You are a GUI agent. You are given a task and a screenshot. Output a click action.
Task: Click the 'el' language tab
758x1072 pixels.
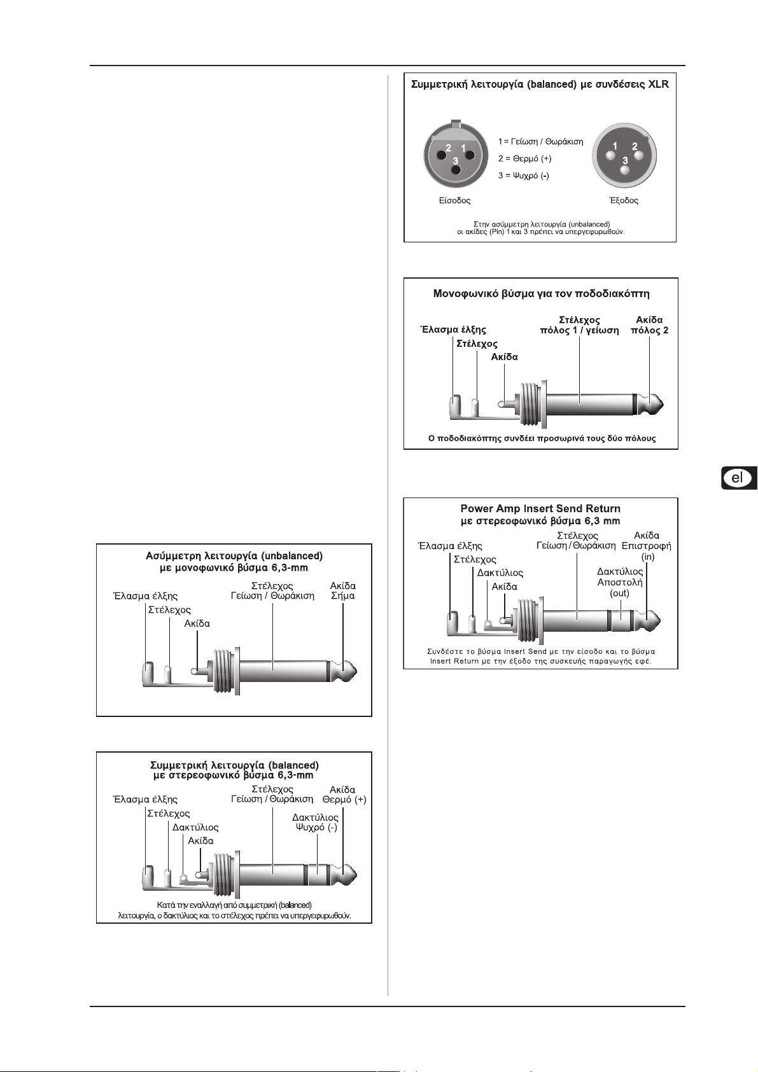pos(738,478)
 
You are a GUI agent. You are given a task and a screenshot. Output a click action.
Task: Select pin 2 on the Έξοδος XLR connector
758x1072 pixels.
pos(635,155)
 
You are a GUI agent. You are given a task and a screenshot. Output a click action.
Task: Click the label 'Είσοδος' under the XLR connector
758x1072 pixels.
pos(454,200)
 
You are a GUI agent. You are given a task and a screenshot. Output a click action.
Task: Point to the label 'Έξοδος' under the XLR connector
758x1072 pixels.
pos(624,200)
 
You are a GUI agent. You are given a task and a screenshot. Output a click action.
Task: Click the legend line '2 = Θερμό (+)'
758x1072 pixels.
pos(524,158)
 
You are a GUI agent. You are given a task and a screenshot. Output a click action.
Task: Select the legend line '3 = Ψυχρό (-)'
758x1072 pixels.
pos(523,176)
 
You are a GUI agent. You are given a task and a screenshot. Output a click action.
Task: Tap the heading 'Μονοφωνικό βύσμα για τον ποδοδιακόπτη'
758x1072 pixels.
pos(541,294)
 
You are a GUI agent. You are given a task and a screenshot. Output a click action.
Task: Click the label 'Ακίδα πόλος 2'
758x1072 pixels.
pos(649,324)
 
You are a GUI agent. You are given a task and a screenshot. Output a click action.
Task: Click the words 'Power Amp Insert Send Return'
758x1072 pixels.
pos(540,508)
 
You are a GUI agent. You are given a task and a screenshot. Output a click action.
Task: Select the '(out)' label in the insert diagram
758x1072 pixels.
pos(619,593)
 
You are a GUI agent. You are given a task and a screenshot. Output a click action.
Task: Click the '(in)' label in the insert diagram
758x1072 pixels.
pos(647,557)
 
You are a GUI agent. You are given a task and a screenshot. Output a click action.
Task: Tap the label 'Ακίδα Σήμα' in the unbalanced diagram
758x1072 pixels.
pos(342,590)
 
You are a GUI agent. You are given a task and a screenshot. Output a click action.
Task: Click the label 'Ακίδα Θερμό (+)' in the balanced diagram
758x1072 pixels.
pos(344,794)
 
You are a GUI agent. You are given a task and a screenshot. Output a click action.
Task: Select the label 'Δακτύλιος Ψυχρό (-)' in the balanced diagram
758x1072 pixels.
pos(316,822)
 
